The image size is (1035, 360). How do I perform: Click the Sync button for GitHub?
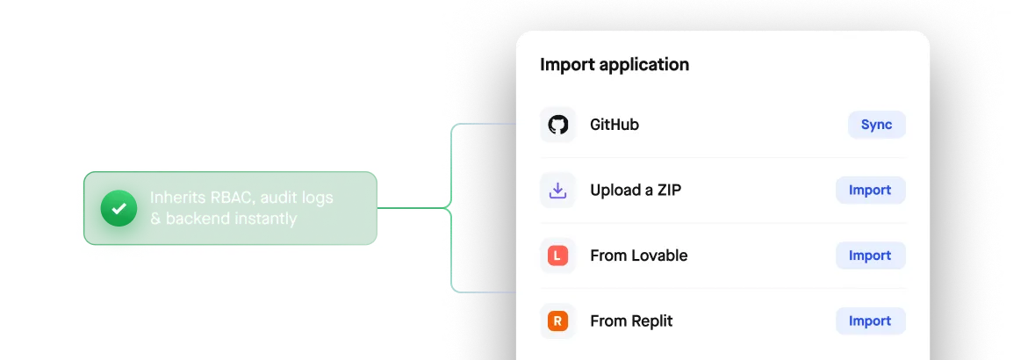coord(877,125)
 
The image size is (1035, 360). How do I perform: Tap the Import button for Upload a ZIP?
coord(870,191)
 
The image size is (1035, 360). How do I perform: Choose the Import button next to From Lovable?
coord(870,256)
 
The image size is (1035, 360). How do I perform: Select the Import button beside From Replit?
coord(870,321)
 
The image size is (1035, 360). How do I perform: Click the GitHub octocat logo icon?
coord(557,125)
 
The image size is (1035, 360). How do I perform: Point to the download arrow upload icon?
coord(557,191)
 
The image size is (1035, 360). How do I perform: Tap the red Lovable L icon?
coord(557,256)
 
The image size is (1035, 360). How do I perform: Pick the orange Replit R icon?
coord(557,321)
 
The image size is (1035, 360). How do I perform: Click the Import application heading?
coord(615,65)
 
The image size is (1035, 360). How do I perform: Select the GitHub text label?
coord(615,125)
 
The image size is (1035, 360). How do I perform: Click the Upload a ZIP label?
coord(636,191)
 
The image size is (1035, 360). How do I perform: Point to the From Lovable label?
coord(639,256)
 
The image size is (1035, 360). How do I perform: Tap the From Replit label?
coord(632,321)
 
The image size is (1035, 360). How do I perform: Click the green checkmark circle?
coord(119,208)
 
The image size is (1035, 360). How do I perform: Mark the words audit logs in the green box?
coord(293,198)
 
